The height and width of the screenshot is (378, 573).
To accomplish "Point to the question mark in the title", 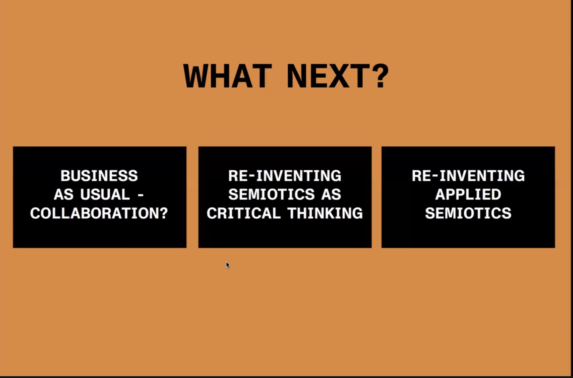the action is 380,76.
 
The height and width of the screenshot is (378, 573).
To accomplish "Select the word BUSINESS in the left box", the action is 99,176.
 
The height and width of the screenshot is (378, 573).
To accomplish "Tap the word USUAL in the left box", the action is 105,194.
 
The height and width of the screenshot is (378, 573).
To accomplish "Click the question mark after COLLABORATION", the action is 163,213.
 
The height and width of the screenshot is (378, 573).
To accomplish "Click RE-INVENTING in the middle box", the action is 285,176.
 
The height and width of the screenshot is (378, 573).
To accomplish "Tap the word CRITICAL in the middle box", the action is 243,213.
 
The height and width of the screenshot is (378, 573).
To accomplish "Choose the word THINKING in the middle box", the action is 325,213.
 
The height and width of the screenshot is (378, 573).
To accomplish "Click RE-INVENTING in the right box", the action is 468,176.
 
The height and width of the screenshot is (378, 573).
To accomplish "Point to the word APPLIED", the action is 468,194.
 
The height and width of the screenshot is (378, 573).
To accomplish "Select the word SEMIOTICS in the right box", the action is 468,213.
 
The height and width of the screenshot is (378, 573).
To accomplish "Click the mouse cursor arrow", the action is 228,265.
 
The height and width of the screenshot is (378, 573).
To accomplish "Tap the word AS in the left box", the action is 64,194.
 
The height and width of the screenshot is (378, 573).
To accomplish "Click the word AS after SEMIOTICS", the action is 331,194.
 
